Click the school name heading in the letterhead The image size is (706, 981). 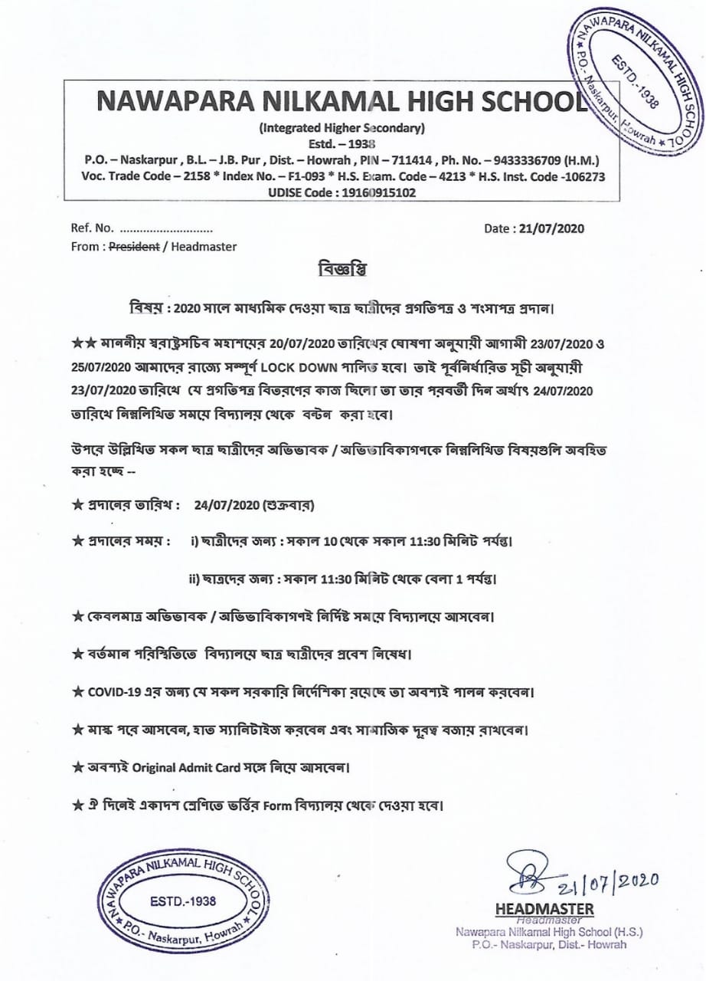coord(337,101)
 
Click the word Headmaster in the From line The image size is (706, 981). coord(204,246)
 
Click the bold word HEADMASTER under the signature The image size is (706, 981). coord(544,909)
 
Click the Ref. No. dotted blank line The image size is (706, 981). coord(166,228)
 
